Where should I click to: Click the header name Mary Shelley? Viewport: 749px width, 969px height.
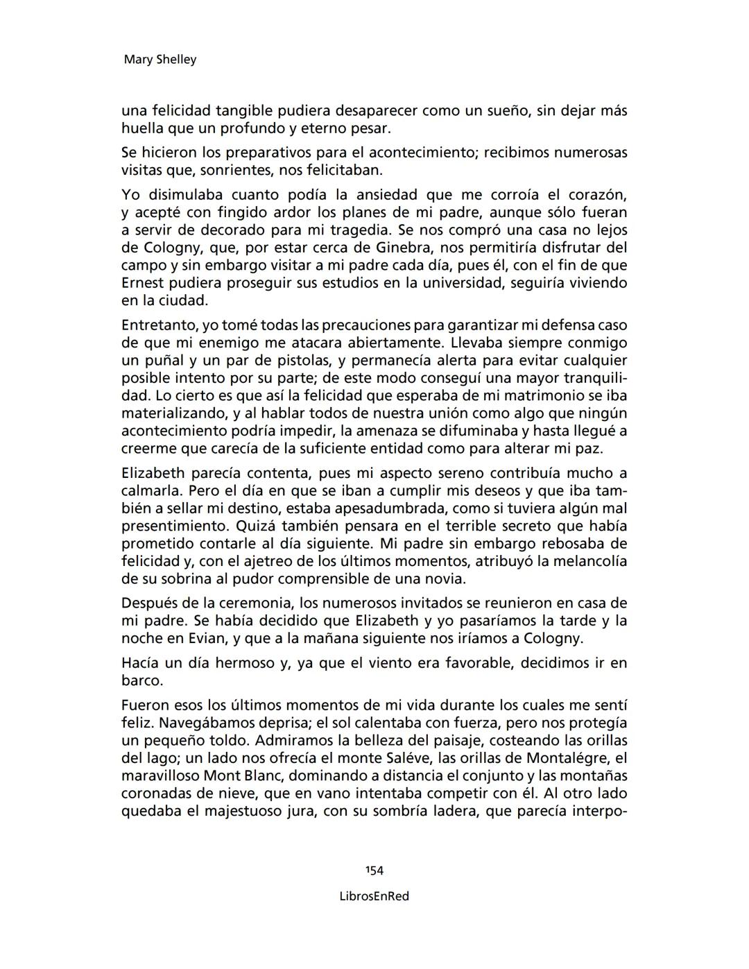pos(160,60)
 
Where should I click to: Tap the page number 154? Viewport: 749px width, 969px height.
pos(374,871)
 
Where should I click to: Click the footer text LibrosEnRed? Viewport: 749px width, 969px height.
pos(374,896)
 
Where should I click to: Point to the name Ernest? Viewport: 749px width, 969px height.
pos(143,283)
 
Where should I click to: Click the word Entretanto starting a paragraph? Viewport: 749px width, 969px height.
pos(160,325)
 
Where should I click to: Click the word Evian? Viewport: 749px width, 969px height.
pos(200,638)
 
